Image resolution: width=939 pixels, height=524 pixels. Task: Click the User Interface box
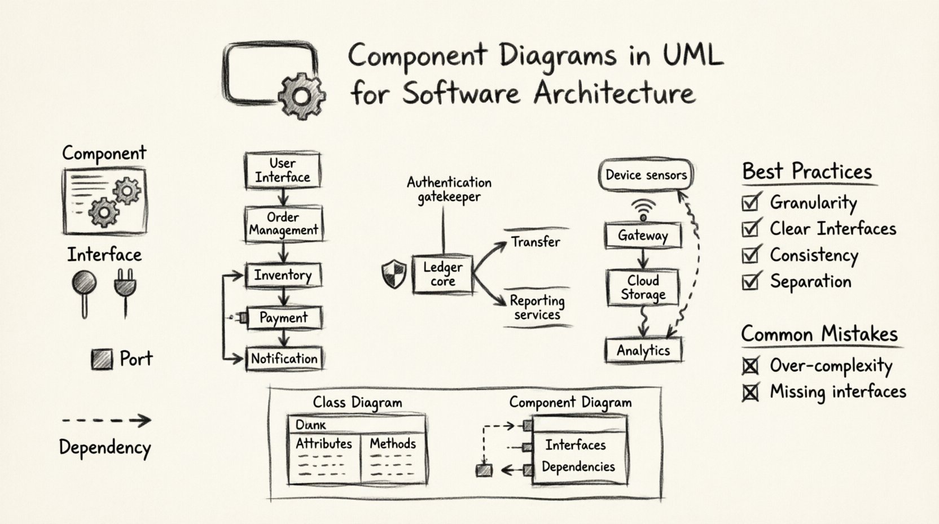283,171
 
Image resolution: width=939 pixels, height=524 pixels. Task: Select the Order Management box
284,224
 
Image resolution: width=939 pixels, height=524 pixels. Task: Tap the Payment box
284,318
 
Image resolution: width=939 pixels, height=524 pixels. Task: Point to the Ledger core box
443,274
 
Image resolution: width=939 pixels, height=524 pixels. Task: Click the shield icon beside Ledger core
394,274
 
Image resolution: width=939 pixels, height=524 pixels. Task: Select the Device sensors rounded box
646,175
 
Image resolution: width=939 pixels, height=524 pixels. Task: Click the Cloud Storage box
643,288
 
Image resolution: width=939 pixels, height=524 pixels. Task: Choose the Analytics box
643,351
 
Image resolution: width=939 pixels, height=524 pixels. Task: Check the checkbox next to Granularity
750,202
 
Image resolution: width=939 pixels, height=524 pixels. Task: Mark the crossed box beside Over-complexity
750,366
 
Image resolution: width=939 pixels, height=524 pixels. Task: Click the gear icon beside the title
302,95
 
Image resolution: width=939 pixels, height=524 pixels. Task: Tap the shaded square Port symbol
102,359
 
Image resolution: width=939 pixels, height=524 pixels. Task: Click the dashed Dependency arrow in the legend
106,420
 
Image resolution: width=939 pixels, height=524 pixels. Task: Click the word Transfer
536,242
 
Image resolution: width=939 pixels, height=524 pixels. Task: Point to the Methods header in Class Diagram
393,444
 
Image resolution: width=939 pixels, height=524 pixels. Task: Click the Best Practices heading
807,172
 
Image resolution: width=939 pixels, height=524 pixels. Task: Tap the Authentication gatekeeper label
449,190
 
